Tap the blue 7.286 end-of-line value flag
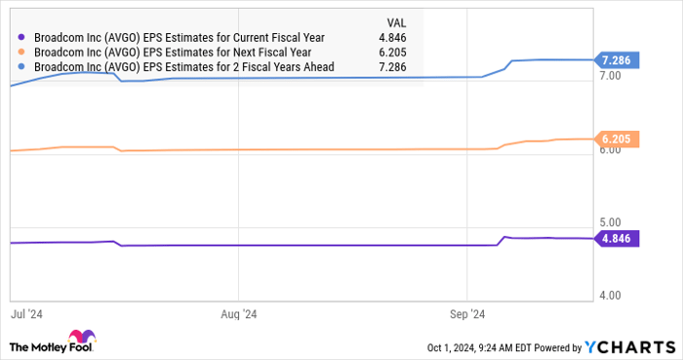[x=618, y=60]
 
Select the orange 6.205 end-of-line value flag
[x=618, y=140]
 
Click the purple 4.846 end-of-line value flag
[x=618, y=238]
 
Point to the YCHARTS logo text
[x=629, y=346]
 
